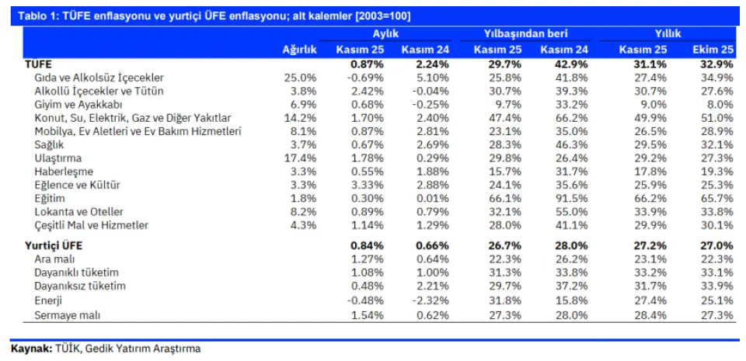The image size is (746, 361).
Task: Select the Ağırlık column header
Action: click(299, 50)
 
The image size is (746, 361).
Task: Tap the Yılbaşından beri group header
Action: click(526, 34)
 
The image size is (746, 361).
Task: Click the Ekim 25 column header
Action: click(713, 50)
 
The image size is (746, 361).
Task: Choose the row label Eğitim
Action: click(50, 199)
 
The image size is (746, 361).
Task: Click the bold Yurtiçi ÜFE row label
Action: click(54, 246)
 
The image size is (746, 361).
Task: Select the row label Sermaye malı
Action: click(68, 314)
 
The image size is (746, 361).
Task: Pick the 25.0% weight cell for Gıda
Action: click(301, 78)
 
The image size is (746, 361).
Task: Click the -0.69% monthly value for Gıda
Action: click(363, 78)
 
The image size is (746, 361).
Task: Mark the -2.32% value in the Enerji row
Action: click(430, 300)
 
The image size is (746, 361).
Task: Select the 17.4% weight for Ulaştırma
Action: click(301, 158)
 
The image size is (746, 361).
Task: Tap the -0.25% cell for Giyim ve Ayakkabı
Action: click(430, 105)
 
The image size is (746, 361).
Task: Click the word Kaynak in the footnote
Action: click(30, 349)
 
